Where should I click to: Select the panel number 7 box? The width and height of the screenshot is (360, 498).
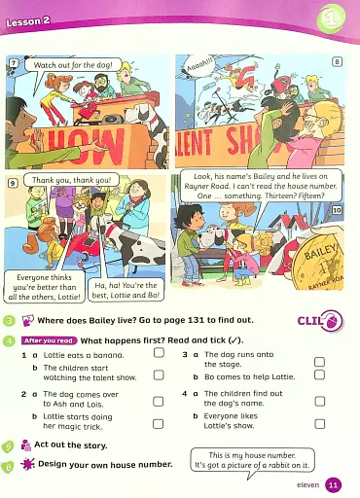[13, 64]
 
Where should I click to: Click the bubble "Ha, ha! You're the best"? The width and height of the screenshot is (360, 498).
[126, 290]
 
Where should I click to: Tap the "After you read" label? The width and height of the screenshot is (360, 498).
[49, 340]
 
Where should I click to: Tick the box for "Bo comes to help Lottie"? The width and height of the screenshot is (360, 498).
[318, 375]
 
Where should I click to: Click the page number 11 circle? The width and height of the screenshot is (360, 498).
[333, 484]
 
